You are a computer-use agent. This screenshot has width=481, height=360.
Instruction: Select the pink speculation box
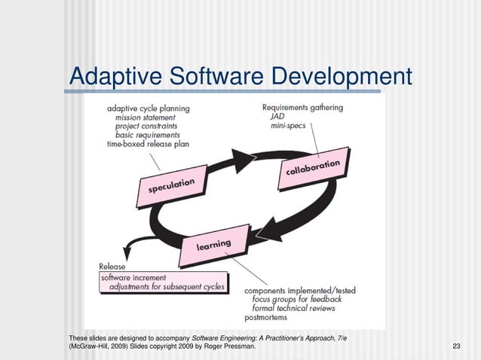[x=171, y=186]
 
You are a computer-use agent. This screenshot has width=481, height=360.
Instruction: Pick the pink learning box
[x=214, y=245]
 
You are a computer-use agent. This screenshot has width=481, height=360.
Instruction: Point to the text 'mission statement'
[x=145, y=117]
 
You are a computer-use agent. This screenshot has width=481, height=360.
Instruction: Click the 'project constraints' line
[x=146, y=127]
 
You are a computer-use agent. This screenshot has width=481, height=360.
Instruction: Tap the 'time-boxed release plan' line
[x=148, y=144]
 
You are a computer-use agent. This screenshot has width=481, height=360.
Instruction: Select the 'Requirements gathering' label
[x=302, y=108]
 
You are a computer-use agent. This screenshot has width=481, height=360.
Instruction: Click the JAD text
[x=277, y=117]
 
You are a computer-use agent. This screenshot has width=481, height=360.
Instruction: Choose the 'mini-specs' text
[x=288, y=126]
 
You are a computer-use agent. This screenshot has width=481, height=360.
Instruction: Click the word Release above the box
[x=112, y=267]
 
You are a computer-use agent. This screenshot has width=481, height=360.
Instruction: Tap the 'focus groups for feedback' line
[x=297, y=299]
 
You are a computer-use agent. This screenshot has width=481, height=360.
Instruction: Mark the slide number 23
[x=456, y=346]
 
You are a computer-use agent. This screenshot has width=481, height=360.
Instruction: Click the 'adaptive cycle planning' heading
[x=149, y=108]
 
